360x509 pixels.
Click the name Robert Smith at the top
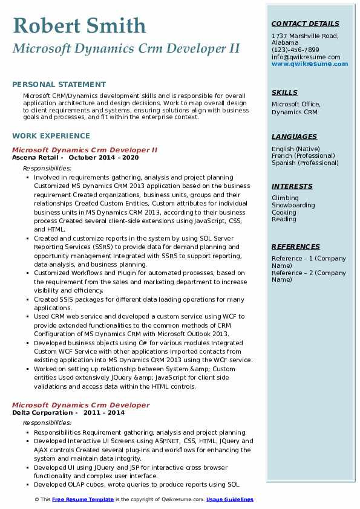(79, 25)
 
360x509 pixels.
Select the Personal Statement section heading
(59, 85)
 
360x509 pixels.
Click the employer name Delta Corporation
(42, 413)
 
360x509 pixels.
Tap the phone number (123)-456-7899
(295, 50)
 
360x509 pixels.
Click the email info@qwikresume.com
(306, 57)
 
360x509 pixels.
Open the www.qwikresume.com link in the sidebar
(306, 63)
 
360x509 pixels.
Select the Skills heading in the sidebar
(284, 93)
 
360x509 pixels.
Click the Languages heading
(294, 137)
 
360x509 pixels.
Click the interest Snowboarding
(293, 206)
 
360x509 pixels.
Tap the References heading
(296, 247)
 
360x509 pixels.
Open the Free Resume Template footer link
(82, 499)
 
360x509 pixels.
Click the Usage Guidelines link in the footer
(230, 499)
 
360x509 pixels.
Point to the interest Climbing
(285, 198)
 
